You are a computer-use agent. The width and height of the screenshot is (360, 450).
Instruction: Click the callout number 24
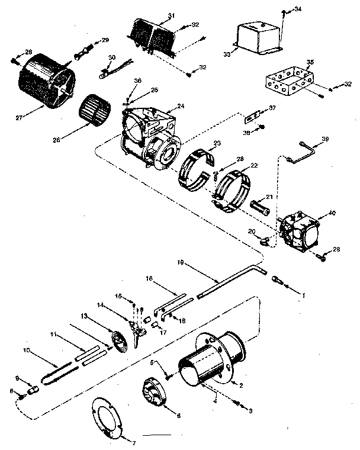[181, 107]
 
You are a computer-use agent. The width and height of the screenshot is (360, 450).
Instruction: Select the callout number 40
[331, 213]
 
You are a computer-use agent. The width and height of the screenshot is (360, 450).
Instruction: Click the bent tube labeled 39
[300, 148]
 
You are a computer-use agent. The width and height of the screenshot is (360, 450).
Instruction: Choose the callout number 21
[268, 197]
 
